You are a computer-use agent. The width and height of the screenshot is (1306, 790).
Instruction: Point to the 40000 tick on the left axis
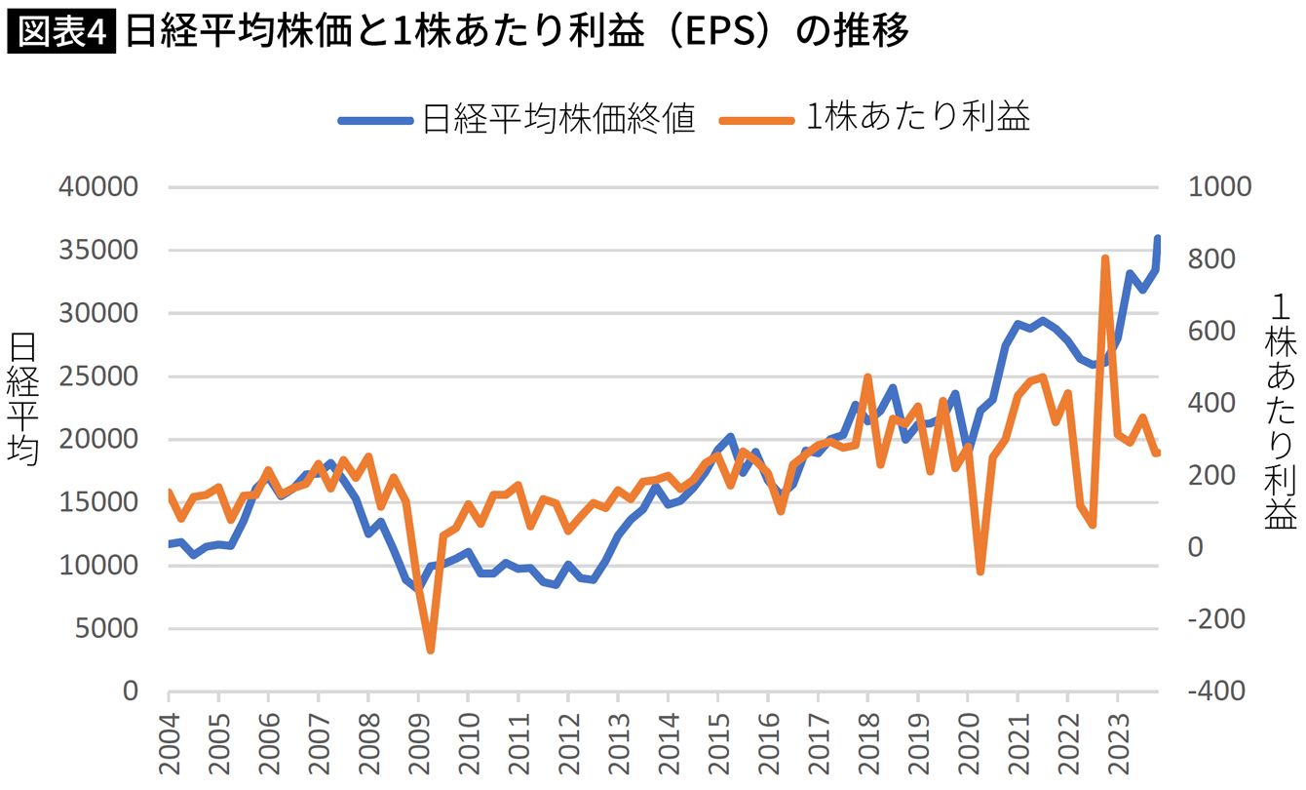[x=99, y=187]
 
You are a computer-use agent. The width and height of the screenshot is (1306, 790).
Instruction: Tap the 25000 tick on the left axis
[x=99, y=376]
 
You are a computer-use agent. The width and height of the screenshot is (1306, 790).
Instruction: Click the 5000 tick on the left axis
[x=107, y=628]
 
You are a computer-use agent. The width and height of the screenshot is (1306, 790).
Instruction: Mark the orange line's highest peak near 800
[x=1105, y=259]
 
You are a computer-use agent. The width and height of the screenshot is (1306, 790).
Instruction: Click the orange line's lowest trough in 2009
[x=430, y=650]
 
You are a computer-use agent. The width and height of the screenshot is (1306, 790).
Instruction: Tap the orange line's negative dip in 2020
[x=979, y=572]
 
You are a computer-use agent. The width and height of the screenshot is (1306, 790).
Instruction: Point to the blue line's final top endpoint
[x=1158, y=239]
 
